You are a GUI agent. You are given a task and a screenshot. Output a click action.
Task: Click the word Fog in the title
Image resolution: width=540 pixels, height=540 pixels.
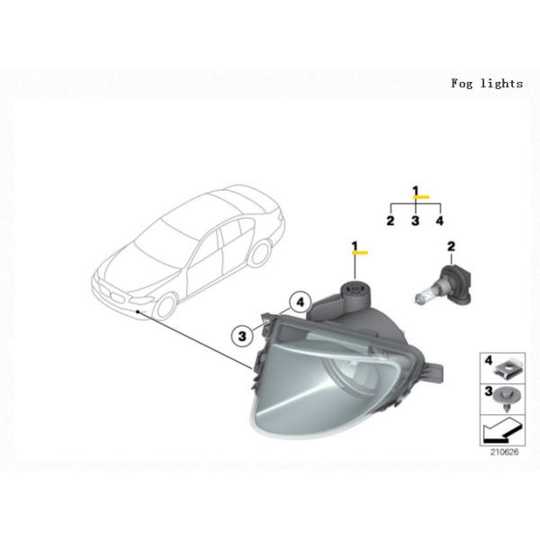(462, 84)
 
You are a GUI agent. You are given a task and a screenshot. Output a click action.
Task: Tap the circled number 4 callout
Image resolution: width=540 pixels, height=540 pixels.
(301, 302)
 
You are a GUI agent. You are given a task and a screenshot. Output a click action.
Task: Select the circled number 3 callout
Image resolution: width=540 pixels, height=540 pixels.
(242, 336)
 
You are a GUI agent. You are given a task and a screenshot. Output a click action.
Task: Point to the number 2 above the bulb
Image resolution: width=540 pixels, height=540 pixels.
(451, 247)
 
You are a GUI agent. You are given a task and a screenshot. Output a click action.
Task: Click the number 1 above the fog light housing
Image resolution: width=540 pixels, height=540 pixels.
(355, 247)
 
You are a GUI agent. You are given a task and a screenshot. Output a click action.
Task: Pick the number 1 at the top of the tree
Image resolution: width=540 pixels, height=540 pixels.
(416, 191)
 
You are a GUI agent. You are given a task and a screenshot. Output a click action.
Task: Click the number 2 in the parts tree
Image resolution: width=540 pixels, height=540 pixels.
(391, 220)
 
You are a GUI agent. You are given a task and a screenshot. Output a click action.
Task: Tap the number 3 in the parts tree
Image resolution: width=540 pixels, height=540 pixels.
(415, 220)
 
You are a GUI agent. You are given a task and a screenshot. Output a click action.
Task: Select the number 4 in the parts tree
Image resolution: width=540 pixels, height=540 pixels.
(440, 220)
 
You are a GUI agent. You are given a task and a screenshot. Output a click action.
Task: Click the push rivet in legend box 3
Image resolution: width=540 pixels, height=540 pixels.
(507, 399)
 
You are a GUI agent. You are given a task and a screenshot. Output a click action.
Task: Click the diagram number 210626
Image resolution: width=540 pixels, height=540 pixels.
(504, 452)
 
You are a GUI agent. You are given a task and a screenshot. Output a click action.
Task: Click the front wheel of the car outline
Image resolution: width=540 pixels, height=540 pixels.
(166, 305)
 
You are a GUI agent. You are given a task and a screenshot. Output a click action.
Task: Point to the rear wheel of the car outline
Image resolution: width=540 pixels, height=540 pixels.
(260, 253)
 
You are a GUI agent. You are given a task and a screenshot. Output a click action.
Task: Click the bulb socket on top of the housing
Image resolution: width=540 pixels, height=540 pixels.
(355, 293)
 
